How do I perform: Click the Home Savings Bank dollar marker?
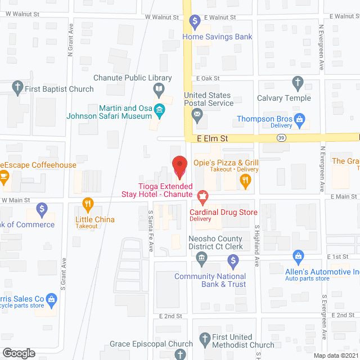(195, 22)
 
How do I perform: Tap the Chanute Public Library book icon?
(160, 88)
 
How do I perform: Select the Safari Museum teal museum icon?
(160, 110)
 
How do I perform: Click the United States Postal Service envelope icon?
(197, 116)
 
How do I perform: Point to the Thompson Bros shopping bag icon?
(300, 119)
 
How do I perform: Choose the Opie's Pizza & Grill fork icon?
(245, 181)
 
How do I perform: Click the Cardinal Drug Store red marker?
(202, 197)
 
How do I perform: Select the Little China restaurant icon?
(87, 203)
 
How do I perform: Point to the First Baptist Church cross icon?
(17, 87)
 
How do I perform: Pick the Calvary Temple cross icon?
(298, 84)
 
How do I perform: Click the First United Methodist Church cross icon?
(204, 340)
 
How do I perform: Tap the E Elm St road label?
(211, 138)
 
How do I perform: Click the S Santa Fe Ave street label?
(151, 223)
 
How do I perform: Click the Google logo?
(19, 353)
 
